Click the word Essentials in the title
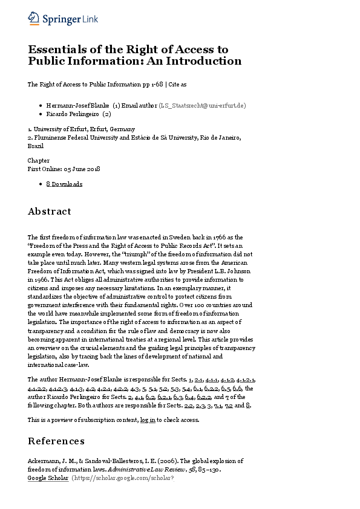57,49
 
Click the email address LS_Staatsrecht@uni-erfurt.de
202,105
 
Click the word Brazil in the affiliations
36,146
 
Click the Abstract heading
50,212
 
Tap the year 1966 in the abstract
42,273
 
